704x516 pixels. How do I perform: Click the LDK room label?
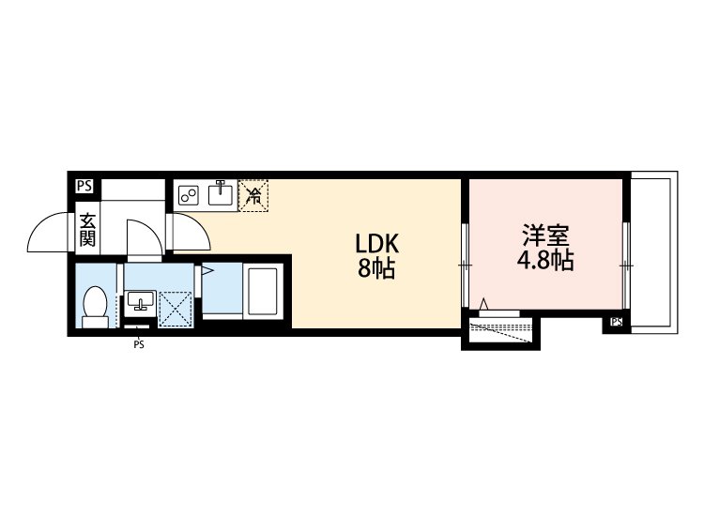pos(377,244)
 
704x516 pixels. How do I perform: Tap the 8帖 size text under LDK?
pos(375,270)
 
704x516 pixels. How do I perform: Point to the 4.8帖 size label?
pos(544,261)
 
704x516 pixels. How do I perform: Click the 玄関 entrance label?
pos(86,230)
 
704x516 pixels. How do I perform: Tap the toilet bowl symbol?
pos(94,306)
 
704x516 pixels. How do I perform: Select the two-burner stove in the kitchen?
pos(189,195)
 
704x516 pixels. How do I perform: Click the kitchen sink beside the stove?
pos(222,194)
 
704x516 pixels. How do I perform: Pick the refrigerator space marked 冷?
pos(253,196)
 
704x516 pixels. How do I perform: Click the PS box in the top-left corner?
pos(84,186)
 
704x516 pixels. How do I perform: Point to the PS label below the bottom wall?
pos(139,344)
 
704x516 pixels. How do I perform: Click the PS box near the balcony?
pos(617,323)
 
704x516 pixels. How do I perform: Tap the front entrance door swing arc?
pos(49,235)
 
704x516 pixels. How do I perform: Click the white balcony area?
pos(651,253)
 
